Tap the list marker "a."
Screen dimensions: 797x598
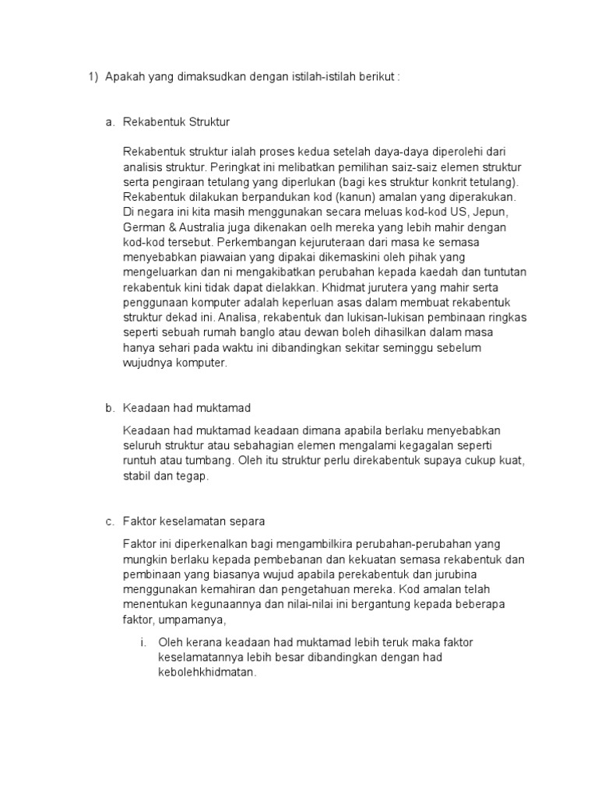click(x=110, y=122)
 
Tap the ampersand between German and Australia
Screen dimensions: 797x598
click(x=169, y=226)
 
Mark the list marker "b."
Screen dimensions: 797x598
click(x=110, y=408)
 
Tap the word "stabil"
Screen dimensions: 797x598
click(x=136, y=475)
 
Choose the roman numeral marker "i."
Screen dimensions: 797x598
click(x=143, y=642)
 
